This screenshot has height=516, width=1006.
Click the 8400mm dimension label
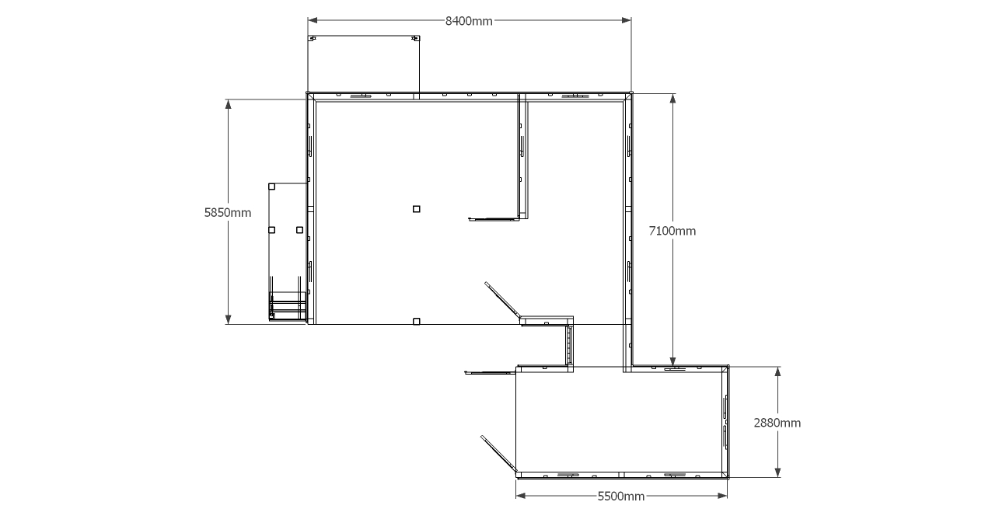click(x=469, y=21)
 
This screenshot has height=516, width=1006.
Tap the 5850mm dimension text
click(x=228, y=212)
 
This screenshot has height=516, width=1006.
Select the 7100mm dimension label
click(x=672, y=231)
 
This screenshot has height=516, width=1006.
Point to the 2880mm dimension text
click(x=777, y=423)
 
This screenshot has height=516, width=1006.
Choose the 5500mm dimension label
click(x=621, y=497)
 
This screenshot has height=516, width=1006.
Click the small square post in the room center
click(x=417, y=209)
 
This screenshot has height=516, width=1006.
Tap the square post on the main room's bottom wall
click(x=417, y=322)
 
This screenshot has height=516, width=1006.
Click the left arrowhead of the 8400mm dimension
click(x=313, y=20)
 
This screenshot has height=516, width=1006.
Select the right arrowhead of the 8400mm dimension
click(x=627, y=20)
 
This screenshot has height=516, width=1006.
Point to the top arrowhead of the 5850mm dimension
click(x=228, y=104)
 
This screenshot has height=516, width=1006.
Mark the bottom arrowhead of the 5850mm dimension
click(x=228, y=319)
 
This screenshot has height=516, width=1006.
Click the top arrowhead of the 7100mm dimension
click(x=672, y=99)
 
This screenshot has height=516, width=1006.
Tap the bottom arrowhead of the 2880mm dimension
click(x=778, y=472)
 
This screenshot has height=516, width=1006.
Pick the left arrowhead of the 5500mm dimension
click(x=521, y=496)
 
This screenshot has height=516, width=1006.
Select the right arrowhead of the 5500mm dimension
click(x=722, y=496)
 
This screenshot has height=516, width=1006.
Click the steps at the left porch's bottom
click(x=288, y=306)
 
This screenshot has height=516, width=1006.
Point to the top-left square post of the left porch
click(x=271, y=187)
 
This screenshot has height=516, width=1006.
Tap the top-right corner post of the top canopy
click(x=417, y=38)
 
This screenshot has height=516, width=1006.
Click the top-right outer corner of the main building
click(x=631, y=93)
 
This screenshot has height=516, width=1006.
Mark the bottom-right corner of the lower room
click(x=728, y=478)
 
